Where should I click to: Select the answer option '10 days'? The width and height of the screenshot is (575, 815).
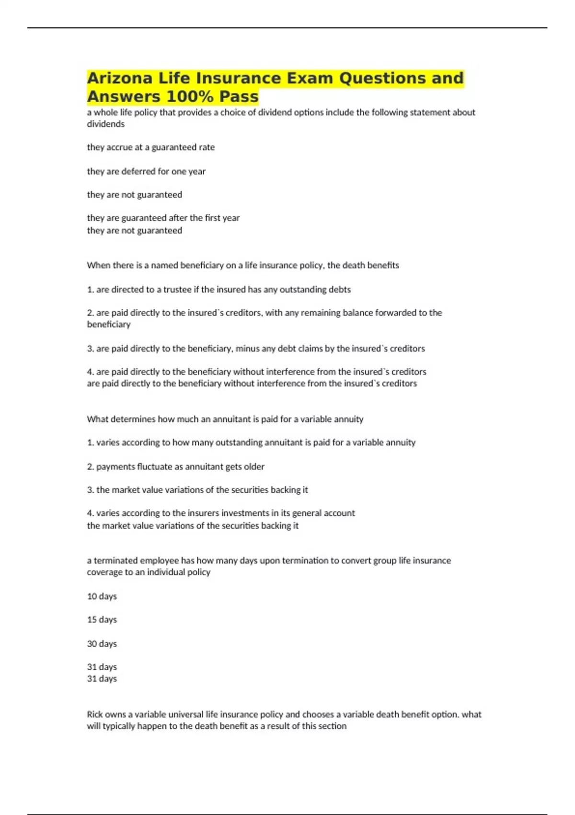102,596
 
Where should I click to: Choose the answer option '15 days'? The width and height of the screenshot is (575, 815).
102,619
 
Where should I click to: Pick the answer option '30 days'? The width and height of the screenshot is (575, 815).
102,643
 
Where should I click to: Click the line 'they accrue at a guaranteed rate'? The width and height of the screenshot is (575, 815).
150,147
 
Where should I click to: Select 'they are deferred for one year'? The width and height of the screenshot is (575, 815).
146,171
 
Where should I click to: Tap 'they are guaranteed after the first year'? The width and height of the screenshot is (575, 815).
163,218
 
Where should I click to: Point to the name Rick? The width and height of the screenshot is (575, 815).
95,714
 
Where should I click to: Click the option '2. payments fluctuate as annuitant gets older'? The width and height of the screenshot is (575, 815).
175,466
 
